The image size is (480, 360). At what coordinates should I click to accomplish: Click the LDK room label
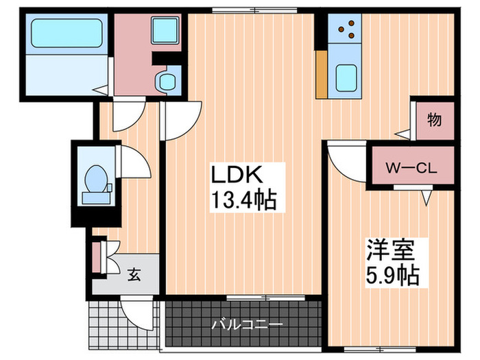tap(237, 174)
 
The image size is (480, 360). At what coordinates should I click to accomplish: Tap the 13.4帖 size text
tap(244, 200)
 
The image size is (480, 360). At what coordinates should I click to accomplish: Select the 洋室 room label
tap(391, 249)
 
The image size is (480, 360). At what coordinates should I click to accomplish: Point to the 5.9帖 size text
tap(392, 275)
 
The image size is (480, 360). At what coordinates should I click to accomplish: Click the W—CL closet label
tap(411, 169)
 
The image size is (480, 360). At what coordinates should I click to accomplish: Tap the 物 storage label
tap(434, 120)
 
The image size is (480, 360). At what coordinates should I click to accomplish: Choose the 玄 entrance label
tap(134, 274)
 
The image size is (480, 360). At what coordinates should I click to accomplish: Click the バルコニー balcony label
tap(247, 324)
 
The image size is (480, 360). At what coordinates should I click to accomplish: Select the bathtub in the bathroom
tap(67, 33)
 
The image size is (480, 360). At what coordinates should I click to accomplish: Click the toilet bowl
tap(96, 180)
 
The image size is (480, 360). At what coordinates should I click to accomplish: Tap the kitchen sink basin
tap(346, 78)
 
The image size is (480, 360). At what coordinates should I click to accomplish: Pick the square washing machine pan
tap(165, 30)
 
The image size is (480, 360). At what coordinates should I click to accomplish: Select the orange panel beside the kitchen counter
tap(322, 74)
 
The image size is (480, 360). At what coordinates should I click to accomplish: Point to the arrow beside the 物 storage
tap(403, 134)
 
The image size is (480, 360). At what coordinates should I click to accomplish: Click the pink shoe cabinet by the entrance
tap(96, 257)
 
